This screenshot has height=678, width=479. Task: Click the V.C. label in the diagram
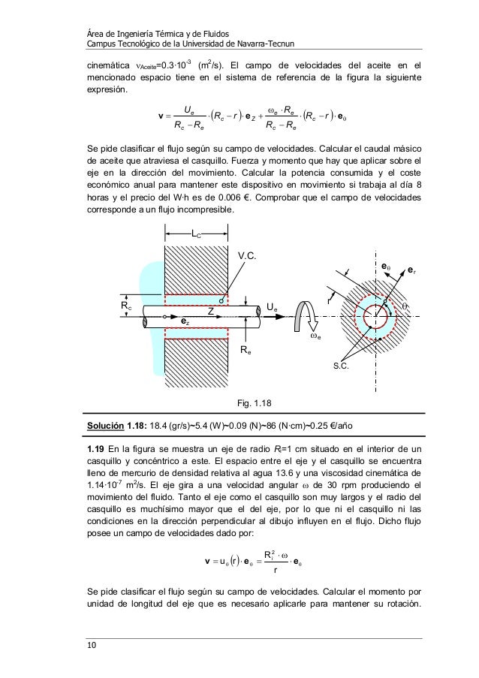(x=248, y=255)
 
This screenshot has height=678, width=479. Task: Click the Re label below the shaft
(x=246, y=350)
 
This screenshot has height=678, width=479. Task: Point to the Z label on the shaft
(x=211, y=310)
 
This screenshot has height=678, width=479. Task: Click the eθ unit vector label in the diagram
(x=386, y=265)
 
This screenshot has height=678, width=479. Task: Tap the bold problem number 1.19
(x=98, y=449)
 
